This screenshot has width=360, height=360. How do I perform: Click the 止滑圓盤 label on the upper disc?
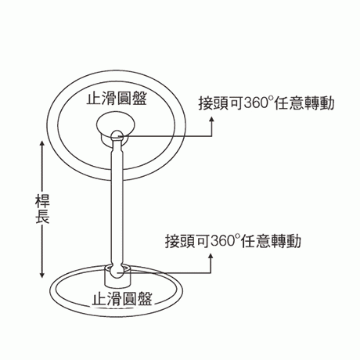click(117, 98)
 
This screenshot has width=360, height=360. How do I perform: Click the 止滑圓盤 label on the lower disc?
click(122, 298)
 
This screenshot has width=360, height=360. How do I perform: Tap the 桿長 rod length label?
click(42, 209)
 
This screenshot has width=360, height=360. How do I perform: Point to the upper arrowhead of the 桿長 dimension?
click(42, 144)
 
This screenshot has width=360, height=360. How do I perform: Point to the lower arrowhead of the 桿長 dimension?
click(42, 275)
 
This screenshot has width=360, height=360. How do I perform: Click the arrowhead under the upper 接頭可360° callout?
click(211, 119)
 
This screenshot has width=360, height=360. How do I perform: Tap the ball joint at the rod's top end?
click(117, 136)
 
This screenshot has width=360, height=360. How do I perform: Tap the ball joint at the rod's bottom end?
click(117, 272)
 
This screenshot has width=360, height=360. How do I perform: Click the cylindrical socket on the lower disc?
click(117, 276)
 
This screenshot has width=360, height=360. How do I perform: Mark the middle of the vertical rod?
click(117, 203)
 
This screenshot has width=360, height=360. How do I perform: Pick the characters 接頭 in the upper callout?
click(214, 103)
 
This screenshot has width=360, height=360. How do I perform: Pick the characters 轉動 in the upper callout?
click(319, 103)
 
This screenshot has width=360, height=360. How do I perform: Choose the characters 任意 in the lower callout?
click(255, 241)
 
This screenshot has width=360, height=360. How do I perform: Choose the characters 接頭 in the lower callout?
click(180, 241)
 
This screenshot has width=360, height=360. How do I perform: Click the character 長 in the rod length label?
click(42, 217)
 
